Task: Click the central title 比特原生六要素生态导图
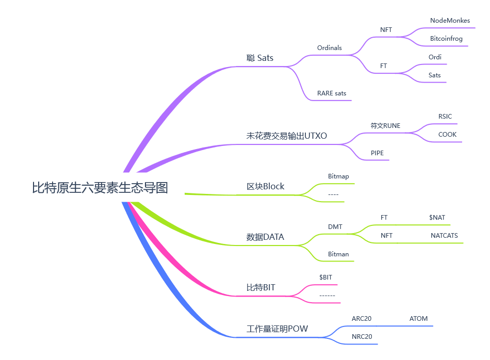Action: (x=100, y=188)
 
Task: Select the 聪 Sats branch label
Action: (x=260, y=58)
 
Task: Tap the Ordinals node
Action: (x=329, y=48)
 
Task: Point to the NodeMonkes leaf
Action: (x=450, y=21)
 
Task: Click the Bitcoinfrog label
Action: (x=446, y=39)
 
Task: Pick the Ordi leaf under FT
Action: (x=435, y=57)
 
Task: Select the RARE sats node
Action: (x=332, y=93)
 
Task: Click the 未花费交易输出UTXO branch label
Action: (x=286, y=136)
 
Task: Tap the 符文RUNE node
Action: (x=385, y=126)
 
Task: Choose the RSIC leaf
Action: (x=445, y=117)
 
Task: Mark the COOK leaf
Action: (x=447, y=135)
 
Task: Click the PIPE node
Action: (x=377, y=153)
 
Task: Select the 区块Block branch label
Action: (x=265, y=186)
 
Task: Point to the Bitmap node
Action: (x=338, y=176)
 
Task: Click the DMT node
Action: (x=335, y=226)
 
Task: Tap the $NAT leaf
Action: (x=437, y=218)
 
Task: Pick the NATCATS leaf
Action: (x=444, y=236)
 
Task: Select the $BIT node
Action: (x=325, y=277)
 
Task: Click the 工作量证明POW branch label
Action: (x=277, y=329)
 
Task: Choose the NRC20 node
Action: (x=362, y=337)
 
